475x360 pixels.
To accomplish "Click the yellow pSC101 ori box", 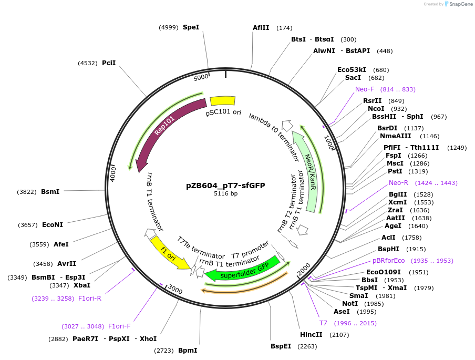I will [x=223, y=101].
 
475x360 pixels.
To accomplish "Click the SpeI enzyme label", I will [x=191, y=27].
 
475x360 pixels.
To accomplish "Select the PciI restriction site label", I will [x=109, y=63].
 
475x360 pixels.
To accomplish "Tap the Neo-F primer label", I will [x=365, y=89].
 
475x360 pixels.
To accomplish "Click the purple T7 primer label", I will [x=323, y=323].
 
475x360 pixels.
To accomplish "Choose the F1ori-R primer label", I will [x=90, y=299].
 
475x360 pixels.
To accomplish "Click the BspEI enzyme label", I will [x=281, y=346].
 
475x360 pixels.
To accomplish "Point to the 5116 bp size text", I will [x=225, y=193].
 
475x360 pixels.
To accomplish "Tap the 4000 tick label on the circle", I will [x=112, y=174].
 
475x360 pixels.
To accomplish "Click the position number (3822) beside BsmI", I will [x=27, y=192].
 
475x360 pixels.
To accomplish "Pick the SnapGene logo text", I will [x=459, y=4].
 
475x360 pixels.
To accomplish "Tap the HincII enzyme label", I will [x=311, y=335].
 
